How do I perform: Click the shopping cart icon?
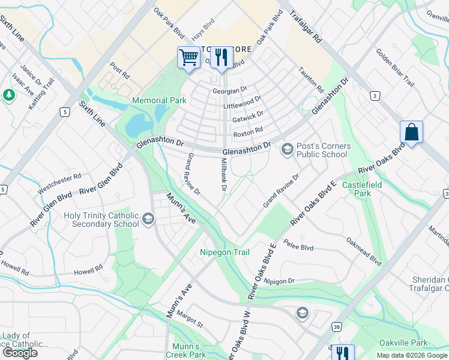pos(188,58)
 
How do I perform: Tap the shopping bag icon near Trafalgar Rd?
pos(412,132)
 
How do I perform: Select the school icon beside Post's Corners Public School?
pos(287,149)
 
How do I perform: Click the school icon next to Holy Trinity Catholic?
pos(148,220)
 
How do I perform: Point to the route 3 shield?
pos(375,96)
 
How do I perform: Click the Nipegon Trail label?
pos(224,252)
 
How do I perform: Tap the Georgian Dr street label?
pos(230,90)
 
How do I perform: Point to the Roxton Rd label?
pos(248,131)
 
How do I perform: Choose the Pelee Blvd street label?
pos(300,247)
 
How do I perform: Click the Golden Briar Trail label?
pos(395,68)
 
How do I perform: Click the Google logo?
pos(19,353)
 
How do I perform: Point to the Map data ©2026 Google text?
pos(412,355)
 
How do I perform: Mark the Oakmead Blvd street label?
pos(363,251)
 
